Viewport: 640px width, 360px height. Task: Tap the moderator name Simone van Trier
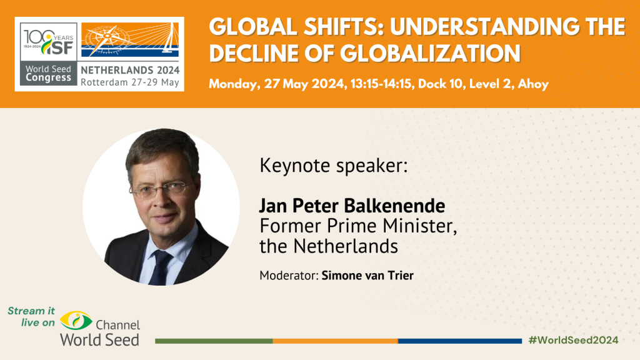pyautogui.click(x=367, y=275)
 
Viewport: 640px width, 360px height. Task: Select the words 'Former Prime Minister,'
pyautogui.click(x=358, y=226)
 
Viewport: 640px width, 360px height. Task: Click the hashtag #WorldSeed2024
pyautogui.click(x=573, y=340)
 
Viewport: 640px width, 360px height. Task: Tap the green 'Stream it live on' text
pyautogui.click(x=31, y=316)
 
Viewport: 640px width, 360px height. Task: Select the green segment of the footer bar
pyautogui.click(x=213, y=341)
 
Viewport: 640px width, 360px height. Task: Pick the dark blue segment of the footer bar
pyautogui.click(x=459, y=341)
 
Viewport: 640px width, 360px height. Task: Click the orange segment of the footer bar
pyautogui.click(x=335, y=341)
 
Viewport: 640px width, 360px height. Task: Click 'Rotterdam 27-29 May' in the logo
pyautogui.click(x=130, y=81)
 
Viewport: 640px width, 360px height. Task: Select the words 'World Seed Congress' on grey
pyautogui.click(x=48, y=74)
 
